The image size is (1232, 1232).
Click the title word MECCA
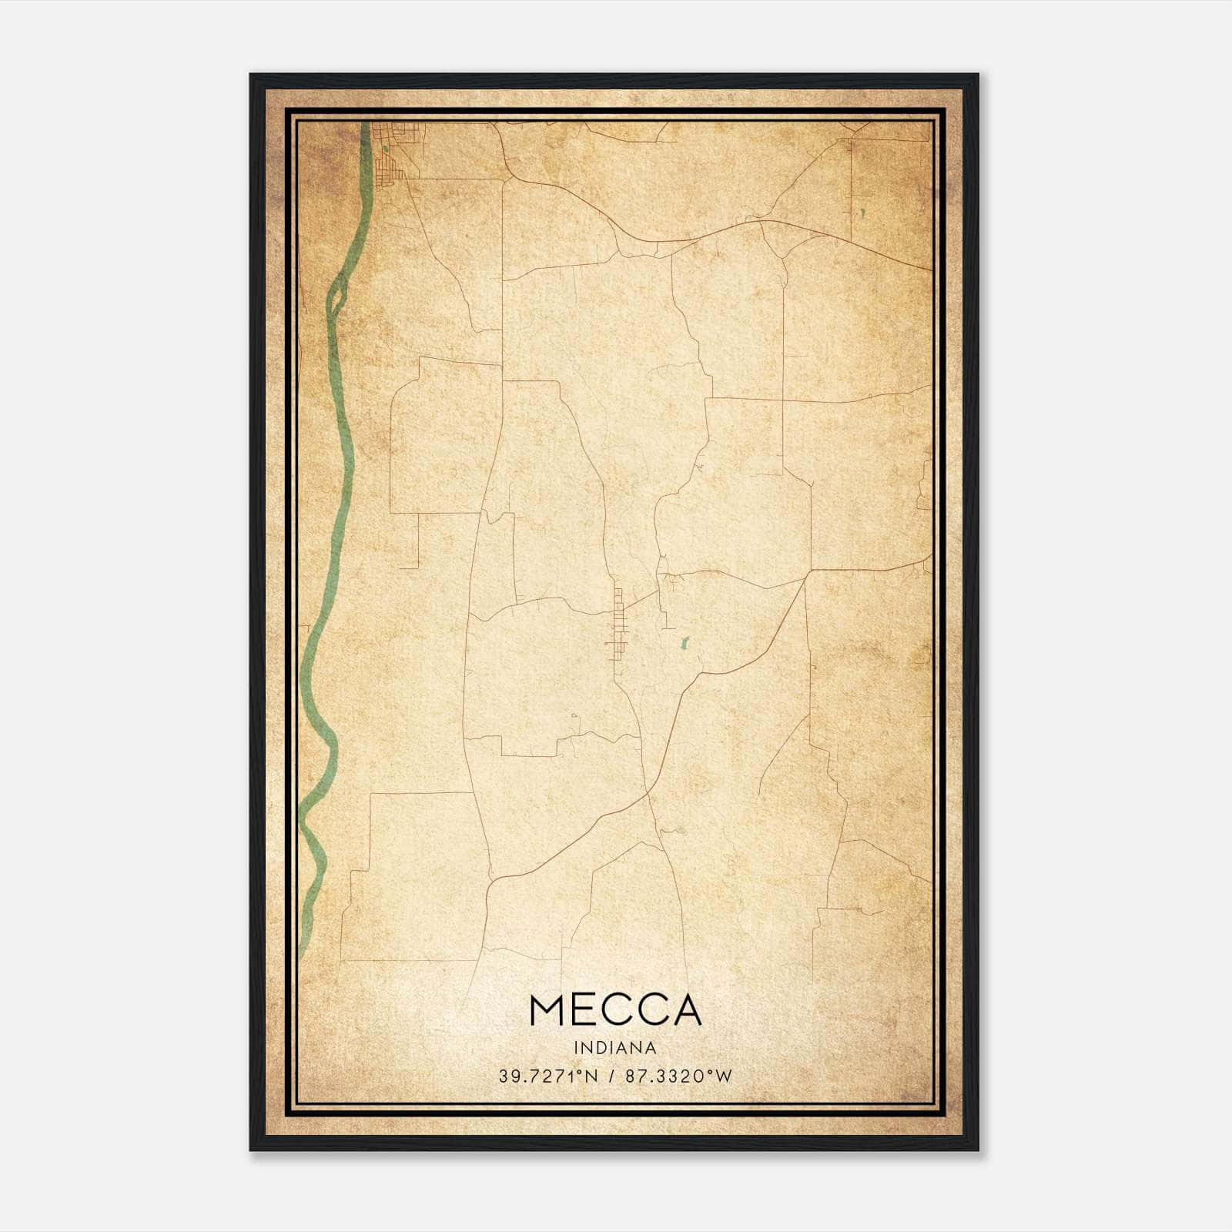(x=615, y=1010)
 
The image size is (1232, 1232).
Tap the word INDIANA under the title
(x=615, y=1047)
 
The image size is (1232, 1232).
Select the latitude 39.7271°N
(x=547, y=1076)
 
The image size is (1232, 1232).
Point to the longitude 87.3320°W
(x=678, y=1076)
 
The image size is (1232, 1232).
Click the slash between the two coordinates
(x=611, y=1076)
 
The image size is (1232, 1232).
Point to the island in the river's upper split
(x=337, y=297)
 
